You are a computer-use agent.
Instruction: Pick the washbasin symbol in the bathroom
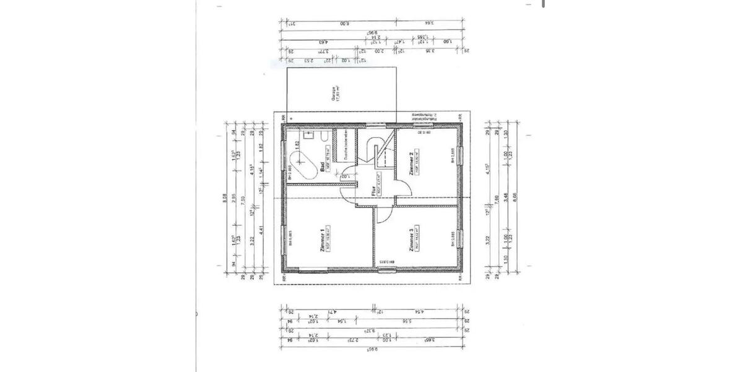click(306, 136)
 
